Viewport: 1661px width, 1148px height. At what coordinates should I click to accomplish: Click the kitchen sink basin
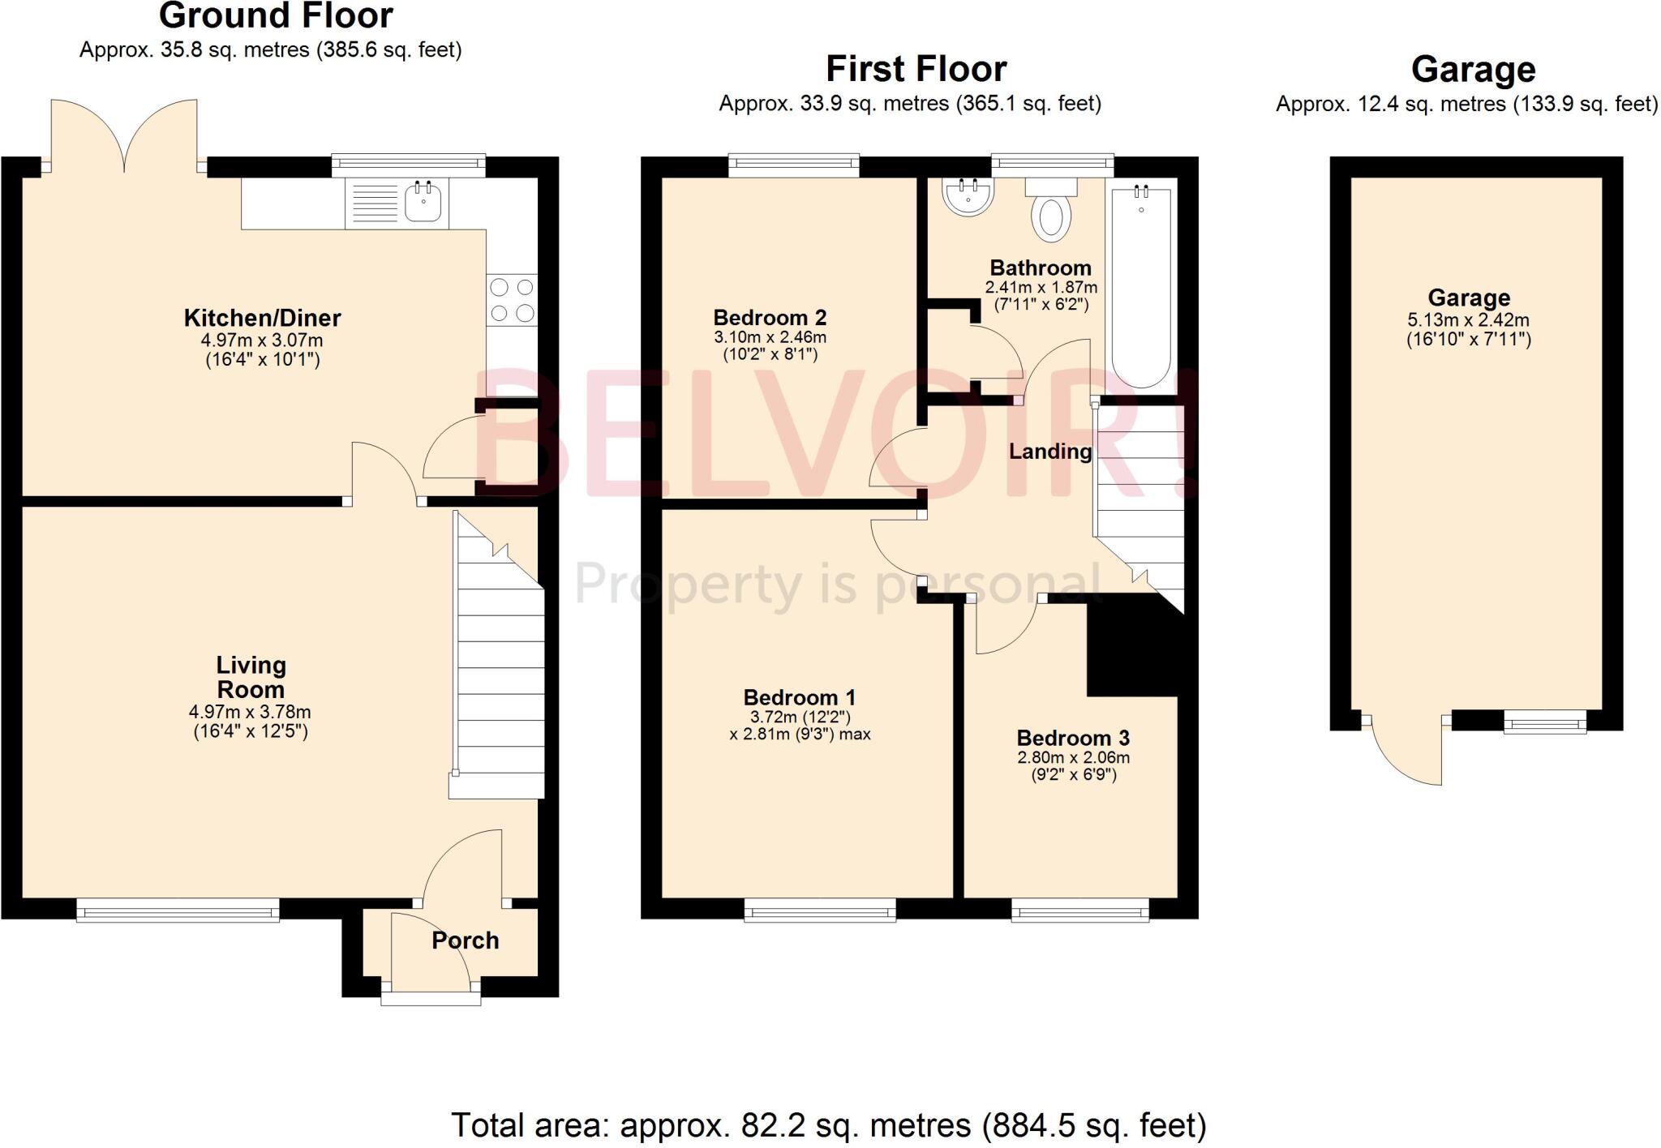tap(423, 203)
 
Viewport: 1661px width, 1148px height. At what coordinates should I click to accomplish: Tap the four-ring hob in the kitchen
tap(512, 300)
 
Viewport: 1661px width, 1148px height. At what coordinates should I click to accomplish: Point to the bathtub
tap(1141, 288)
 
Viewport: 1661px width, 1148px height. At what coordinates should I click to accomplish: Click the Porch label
tap(465, 940)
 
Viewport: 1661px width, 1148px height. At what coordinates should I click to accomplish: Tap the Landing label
tap(1050, 452)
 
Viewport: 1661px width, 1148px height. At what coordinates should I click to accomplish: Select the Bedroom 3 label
tap(1073, 738)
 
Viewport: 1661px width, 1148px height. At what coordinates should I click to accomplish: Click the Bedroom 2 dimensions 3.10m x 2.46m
tap(770, 337)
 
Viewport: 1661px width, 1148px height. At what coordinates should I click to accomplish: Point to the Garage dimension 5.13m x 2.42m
tap(1468, 319)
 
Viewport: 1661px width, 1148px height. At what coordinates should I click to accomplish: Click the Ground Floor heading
tap(276, 16)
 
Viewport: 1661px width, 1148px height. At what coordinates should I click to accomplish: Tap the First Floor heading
tap(916, 69)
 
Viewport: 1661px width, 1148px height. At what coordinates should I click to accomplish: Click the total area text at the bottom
tap(828, 1125)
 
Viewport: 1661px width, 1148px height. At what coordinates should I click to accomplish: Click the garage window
tap(1545, 722)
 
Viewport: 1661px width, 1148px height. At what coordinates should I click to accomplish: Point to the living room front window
tap(178, 910)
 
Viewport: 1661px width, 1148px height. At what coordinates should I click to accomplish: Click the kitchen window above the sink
tap(408, 165)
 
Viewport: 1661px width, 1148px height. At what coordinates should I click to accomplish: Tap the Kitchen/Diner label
tap(262, 318)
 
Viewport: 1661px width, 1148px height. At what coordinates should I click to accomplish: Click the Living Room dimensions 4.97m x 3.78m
tap(250, 712)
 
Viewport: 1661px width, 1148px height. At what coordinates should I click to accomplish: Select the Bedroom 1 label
tap(799, 697)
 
